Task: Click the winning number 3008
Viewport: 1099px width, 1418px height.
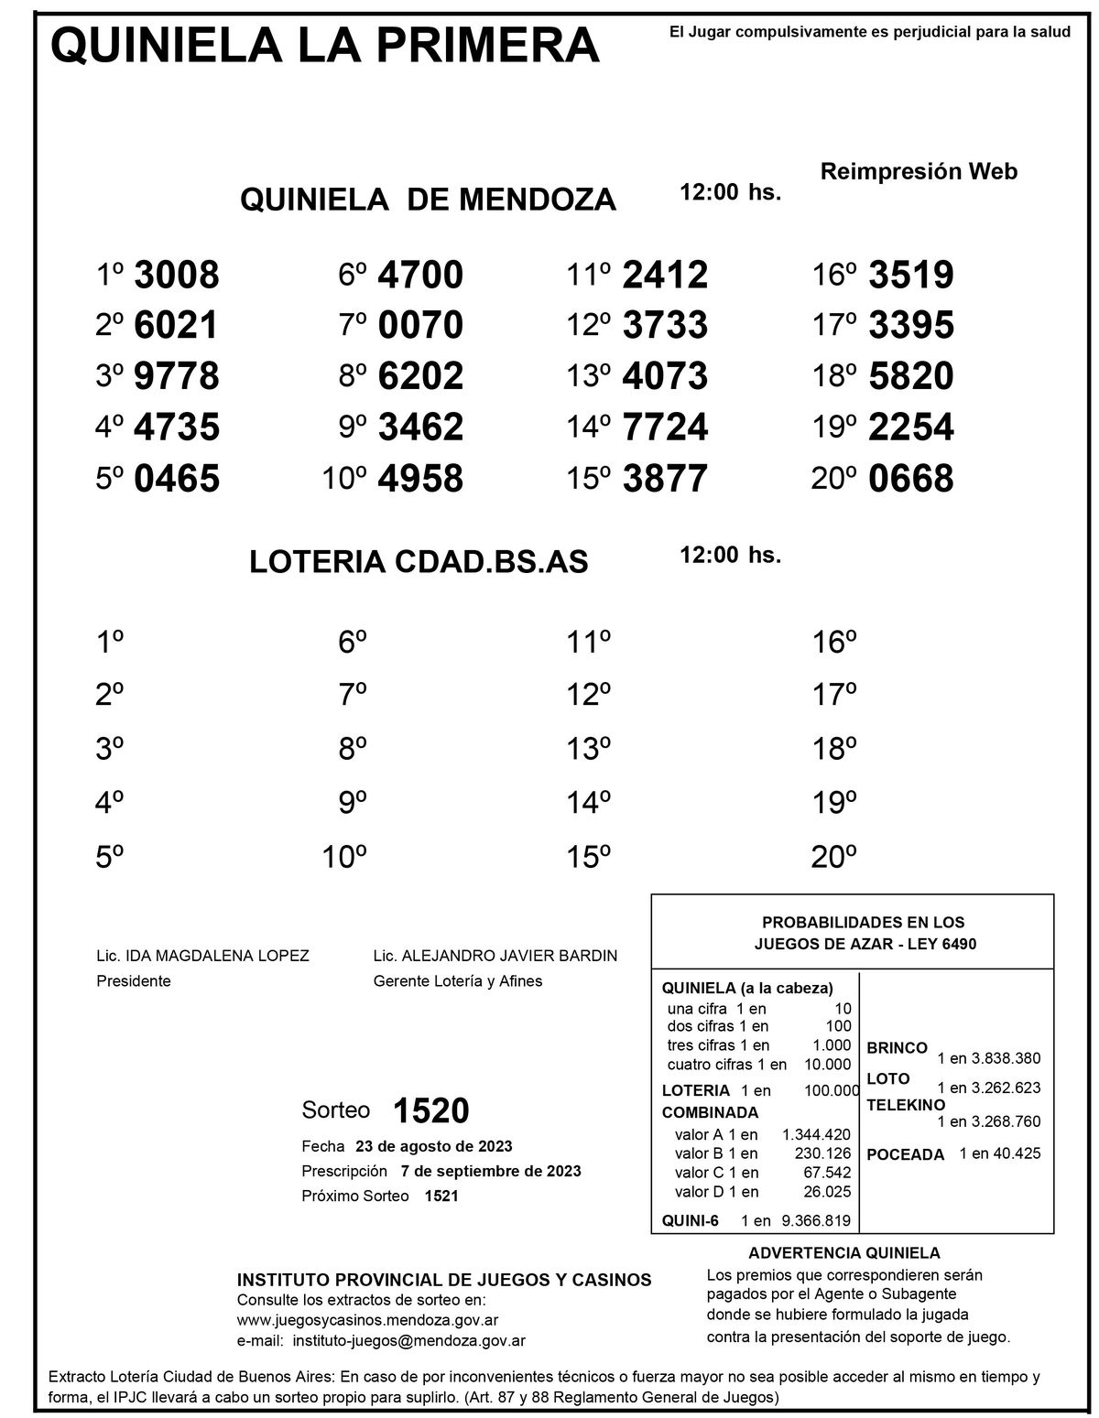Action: click(x=177, y=275)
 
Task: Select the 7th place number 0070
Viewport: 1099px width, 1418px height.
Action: click(x=420, y=326)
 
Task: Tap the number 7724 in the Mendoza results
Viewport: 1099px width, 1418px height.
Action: click(x=665, y=428)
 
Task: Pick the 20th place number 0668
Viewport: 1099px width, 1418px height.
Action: click(x=910, y=479)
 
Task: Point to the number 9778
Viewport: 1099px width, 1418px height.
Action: click(x=177, y=376)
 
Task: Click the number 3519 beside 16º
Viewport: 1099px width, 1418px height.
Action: click(x=910, y=275)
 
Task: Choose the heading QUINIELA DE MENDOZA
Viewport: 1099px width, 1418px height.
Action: click(x=428, y=200)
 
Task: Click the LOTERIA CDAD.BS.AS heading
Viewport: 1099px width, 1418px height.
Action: click(x=419, y=563)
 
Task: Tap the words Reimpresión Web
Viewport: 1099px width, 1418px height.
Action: click(x=919, y=171)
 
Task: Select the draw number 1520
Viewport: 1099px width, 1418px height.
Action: click(x=430, y=1110)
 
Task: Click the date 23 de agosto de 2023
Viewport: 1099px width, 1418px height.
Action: click(x=433, y=1146)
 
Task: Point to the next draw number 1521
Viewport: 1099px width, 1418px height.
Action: click(x=441, y=1196)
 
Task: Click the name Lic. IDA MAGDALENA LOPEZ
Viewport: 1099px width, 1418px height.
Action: click(x=202, y=956)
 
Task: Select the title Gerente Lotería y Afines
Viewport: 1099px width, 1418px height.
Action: click(x=458, y=981)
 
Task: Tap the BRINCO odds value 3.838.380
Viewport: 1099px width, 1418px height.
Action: click(x=1006, y=1058)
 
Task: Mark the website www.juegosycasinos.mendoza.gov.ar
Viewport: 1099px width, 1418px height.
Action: click(x=367, y=1320)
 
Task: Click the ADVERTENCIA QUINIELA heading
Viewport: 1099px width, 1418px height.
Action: click(x=844, y=1253)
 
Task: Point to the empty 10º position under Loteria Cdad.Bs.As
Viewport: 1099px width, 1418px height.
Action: click(x=344, y=859)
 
